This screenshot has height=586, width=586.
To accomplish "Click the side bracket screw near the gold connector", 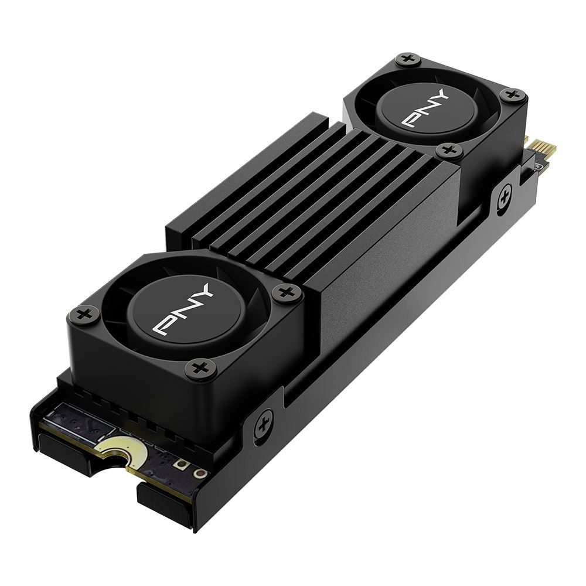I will (x=504, y=197).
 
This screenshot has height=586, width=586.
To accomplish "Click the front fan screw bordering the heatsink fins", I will (x=287, y=291).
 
